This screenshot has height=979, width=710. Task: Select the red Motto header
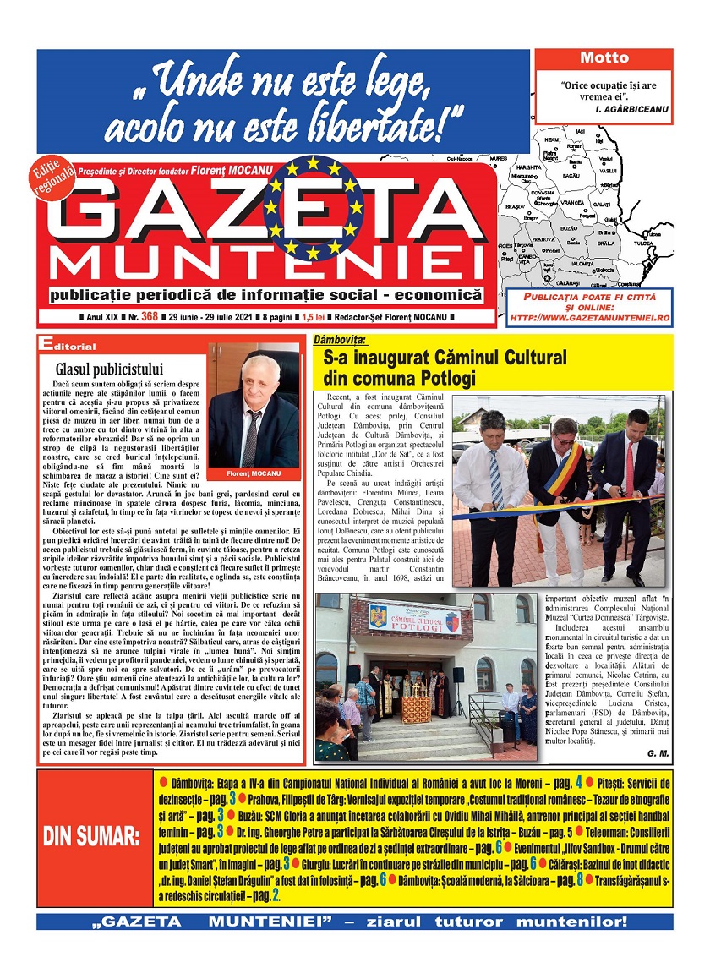point(604,58)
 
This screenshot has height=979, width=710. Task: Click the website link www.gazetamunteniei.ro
point(588,316)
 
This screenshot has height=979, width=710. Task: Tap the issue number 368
point(150,316)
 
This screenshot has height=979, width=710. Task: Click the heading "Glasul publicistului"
point(109,369)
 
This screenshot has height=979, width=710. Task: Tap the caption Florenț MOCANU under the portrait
point(254,473)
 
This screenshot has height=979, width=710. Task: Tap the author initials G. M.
point(657,752)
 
